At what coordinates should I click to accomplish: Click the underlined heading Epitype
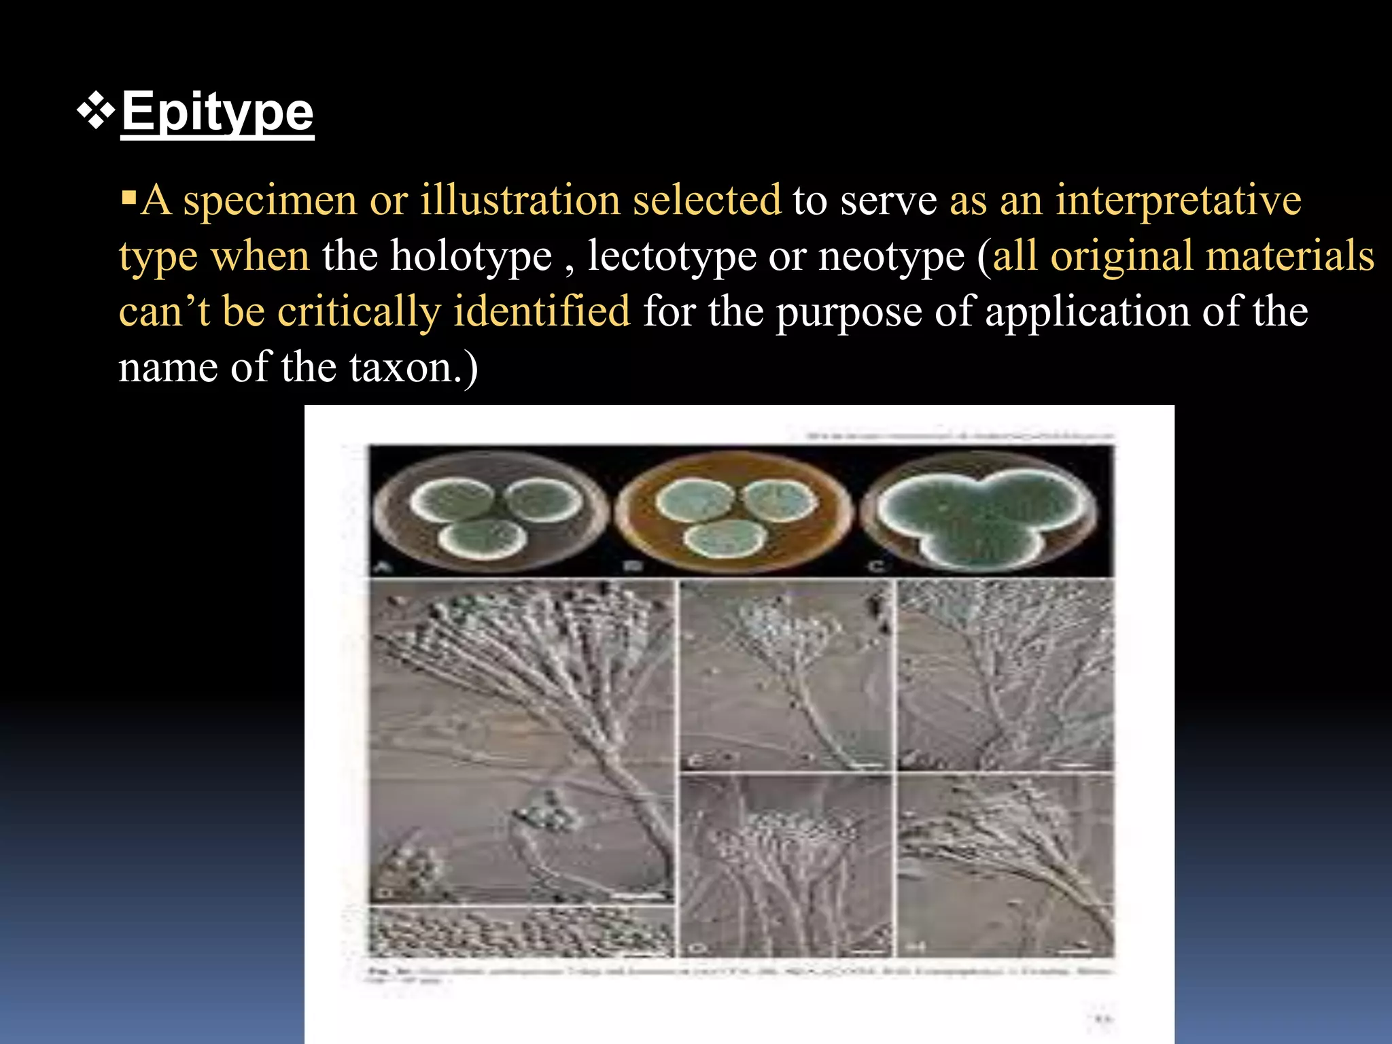pyautogui.click(x=217, y=112)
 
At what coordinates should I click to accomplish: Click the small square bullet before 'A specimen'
pyautogui.click(x=128, y=200)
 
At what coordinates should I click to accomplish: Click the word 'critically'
pyautogui.click(x=360, y=312)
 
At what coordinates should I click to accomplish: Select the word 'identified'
pyautogui.click(x=542, y=312)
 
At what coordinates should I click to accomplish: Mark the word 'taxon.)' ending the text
pyautogui.click(x=413, y=368)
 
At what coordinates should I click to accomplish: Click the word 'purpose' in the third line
pyautogui.click(x=849, y=312)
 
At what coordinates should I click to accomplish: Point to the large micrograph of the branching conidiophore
pyautogui.click(x=522, y=741)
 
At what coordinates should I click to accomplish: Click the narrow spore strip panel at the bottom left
pyautogui.click(x=522, y=931)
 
